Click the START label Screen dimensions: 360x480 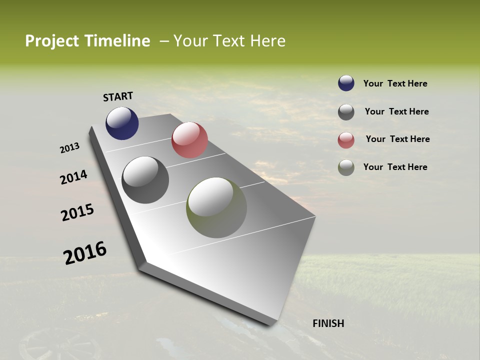[x=118, y=96]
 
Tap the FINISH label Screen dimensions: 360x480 [x=328, y=323]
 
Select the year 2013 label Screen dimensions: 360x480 [x=69, y=148]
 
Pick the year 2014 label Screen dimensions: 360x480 [x=73, y=177]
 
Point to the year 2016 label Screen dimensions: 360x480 [x=85, y=253]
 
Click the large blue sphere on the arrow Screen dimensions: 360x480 [x=122, y=123]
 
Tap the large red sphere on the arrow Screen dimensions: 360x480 [x=189, y=140]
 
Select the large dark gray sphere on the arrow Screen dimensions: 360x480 [x=145, y=180]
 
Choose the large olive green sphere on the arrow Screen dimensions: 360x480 [x=216, y=207]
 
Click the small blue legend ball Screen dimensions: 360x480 [x=346, y=83]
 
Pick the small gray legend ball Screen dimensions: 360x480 [x=346, y=112]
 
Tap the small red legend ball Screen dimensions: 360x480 [x=346, y=140]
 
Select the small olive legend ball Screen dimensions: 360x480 [x=346, y=167]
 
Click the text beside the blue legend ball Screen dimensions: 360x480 [x=395, y=84]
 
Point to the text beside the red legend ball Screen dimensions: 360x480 [x=397, y=139]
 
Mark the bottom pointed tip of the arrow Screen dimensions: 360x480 [x=270, y=324]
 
